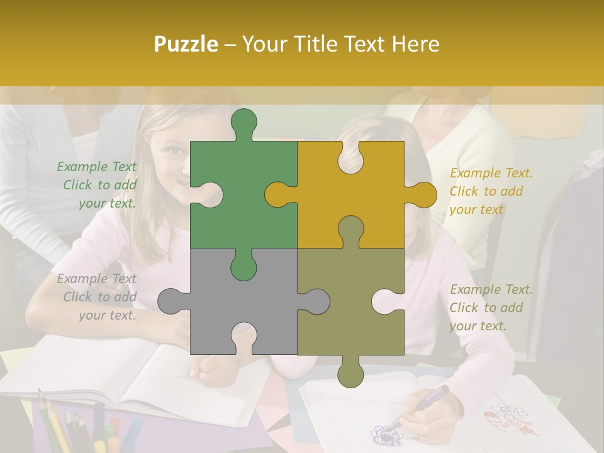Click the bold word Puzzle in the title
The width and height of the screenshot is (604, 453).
[187, 44]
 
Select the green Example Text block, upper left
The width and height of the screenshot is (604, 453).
[97, 185]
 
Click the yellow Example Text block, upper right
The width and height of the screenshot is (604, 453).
[490, 191]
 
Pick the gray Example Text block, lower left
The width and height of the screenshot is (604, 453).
[97, 297]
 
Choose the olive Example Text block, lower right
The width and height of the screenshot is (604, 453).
[490, 308]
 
